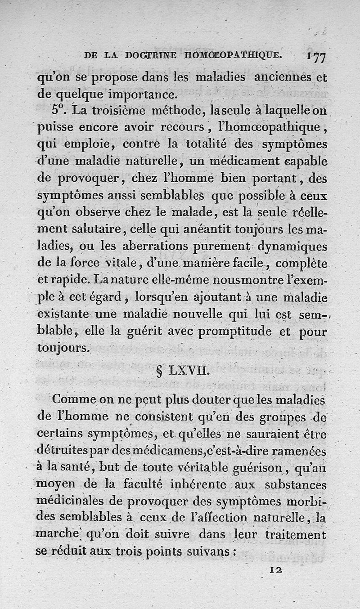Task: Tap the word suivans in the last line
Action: (215, 552)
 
